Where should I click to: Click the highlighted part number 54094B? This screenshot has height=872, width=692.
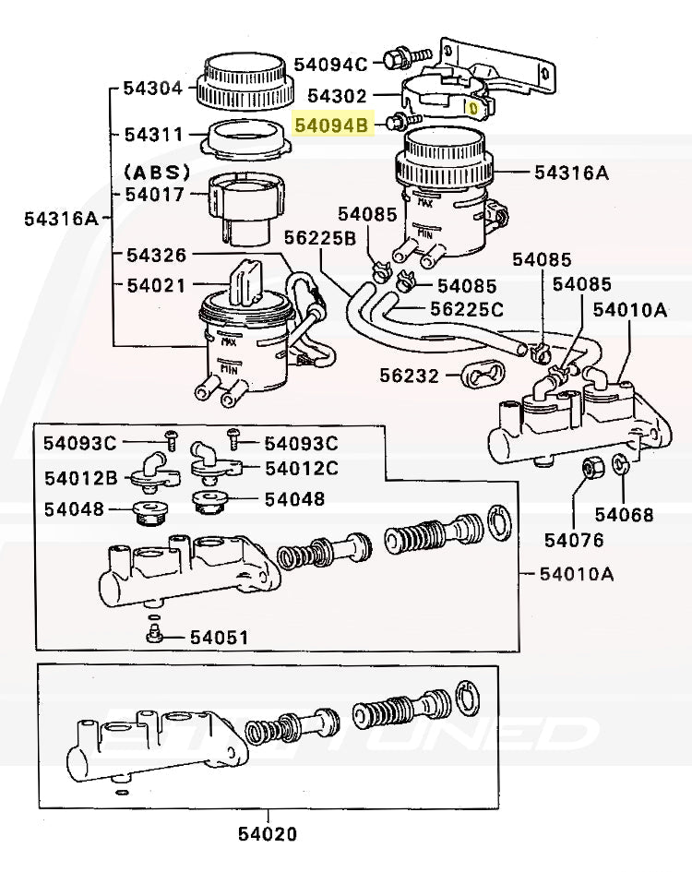tap(331, 124)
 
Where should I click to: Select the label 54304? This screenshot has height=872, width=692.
tap(153, 90)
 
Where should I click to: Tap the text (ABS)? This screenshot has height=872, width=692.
tap(156, 172)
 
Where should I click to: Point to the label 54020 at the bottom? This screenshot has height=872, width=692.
tap(268, 834)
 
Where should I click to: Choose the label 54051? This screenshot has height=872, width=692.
tap(219, 637)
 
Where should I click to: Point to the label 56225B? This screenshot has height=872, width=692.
tap(320, 238)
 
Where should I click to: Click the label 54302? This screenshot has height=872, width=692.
tap(337, 96)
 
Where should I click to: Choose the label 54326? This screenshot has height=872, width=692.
tap(156, 255)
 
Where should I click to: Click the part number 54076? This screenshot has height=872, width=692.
tap(574, 540)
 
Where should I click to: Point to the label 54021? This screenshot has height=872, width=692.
tap(156, 286)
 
